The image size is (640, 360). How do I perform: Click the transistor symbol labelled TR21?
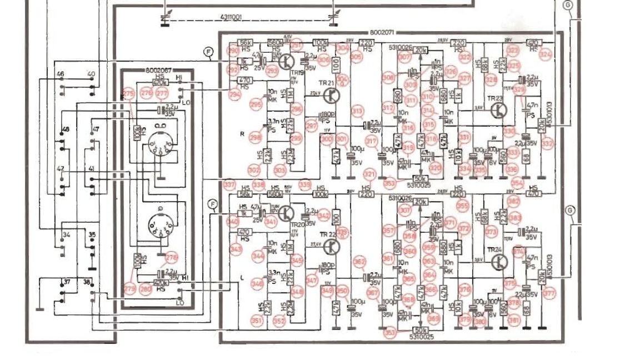point(332,95)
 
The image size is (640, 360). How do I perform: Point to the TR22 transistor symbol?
point(332,246)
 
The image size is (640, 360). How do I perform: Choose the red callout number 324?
point(546,54)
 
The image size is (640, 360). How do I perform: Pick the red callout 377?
point(549,293)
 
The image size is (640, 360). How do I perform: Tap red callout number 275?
point(129,93)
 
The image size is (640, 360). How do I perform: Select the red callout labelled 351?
point(257,320)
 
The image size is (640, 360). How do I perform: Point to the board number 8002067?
point(158,71)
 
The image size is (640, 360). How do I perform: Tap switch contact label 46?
point(61,74)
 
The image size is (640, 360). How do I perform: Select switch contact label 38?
point(88,282)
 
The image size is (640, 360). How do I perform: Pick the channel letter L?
point(242,276)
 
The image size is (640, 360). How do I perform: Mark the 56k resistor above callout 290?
point(245,43)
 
